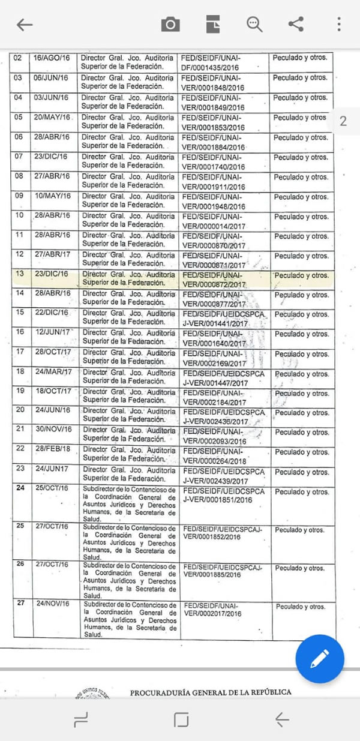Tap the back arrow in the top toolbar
tap(25, 25)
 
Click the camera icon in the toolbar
tap(170, 24)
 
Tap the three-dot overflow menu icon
tap(339, 24)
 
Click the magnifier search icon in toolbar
tap(254, 24)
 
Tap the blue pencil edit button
tap(320, 659)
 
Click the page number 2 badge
tap(343, 121)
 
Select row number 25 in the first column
tap(20, 526)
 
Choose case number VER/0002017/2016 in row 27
tap(212, 613)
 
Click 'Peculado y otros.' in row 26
tap(300, 568)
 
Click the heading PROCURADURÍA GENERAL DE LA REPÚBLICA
tap(211, 692)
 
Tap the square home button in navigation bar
tap(181, 719)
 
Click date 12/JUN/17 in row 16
tap(52, 332)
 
